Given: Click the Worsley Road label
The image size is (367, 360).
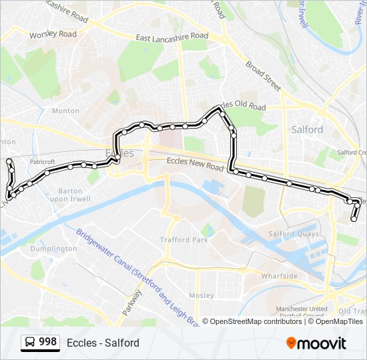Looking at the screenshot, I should [x=53, y=34].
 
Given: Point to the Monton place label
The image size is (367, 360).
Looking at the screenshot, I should [x=65, y=111].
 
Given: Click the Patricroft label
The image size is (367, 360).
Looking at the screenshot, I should [x=42, y=162].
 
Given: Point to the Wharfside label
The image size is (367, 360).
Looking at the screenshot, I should [x=279, y=275].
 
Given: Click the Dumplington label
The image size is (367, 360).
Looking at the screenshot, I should [x=53, y=249].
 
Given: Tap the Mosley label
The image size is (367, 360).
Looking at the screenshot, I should [x=202, y=295].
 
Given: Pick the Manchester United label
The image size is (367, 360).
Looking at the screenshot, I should [x=301, y=309].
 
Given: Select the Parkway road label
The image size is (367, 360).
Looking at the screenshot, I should [x=132, y=303].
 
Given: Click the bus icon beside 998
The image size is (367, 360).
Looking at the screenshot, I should [x=30, y=343].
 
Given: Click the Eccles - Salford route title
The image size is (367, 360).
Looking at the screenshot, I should [x=103, y=343].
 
